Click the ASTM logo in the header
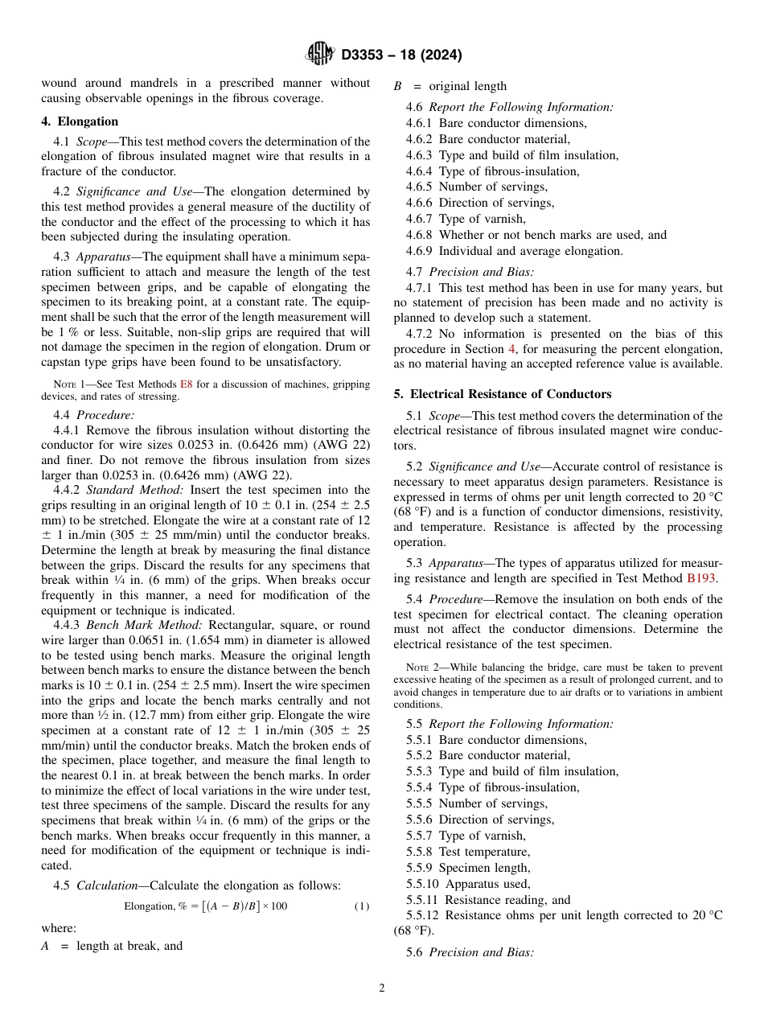pos(322,55)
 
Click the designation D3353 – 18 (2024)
pos(401,55)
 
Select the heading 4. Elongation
pos(80,121)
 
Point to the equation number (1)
pos(362,906)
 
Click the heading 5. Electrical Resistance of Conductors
pos(503,394)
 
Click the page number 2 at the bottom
pos(382,988)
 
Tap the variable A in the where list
pos(45,946)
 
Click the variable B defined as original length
pos(397,86)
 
